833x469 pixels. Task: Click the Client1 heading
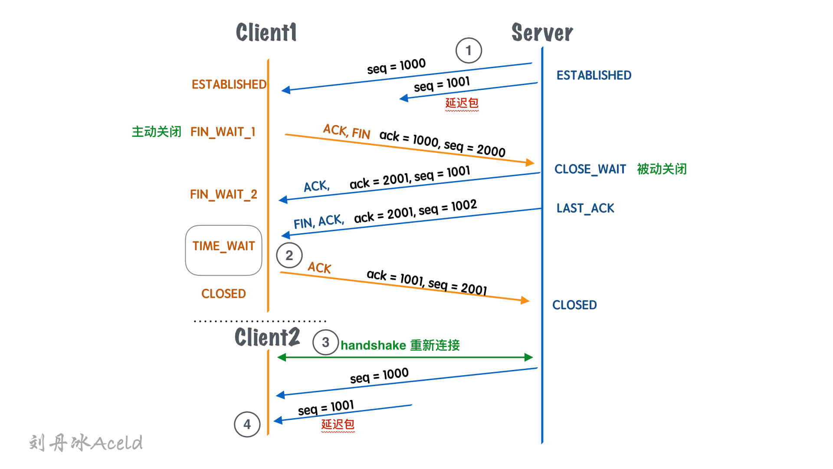coord(266,33)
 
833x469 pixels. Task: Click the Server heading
coord(542,33)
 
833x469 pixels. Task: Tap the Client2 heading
coord(267,337)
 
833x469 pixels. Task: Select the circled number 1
coord(469,50)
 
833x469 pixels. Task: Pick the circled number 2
coord(289,255)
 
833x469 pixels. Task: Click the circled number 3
coord(325,342)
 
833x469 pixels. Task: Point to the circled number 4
coord(247,424)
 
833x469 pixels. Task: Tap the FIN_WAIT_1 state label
coord(223,132)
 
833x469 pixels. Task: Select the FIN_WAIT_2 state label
coord(223,194)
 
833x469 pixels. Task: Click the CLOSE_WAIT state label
coord(590,169)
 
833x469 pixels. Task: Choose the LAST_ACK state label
coord(585,208)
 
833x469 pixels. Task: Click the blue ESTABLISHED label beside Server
coord(594,76)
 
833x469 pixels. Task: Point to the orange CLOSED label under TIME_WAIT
coord(223,294)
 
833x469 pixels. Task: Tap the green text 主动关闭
coord(156,132)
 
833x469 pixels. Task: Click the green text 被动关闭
coord(662,169)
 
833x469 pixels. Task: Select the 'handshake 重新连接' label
coord(400,345)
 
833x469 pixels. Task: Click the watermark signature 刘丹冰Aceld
coord(86,443)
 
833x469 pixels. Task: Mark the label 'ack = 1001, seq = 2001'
coord(427,282)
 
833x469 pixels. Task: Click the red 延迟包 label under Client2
coord(338,424)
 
